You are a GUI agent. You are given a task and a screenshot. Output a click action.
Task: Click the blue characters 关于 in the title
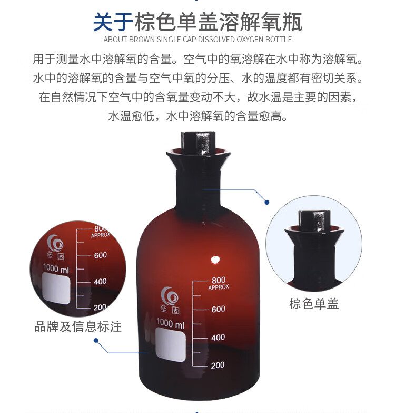point(113,22)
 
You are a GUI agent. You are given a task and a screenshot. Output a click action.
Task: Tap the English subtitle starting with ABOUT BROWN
point(197,40)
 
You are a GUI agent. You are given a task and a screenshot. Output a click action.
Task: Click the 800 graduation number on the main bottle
point(219,280)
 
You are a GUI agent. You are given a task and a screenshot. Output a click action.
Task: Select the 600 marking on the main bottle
point(218,309)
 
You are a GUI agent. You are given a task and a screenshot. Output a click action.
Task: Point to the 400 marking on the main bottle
point(218,337)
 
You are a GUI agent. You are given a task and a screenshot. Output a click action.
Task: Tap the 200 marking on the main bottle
point(218,365)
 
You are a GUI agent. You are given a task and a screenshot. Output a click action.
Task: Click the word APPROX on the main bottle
point(219,287)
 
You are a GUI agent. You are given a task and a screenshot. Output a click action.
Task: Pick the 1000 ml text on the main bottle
point(171,323)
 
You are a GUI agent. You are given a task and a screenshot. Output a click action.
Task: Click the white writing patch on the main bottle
point(171,345)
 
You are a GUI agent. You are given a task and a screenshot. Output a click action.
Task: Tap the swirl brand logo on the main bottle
point(170,295)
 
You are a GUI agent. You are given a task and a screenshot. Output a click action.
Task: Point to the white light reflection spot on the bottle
point(215,260)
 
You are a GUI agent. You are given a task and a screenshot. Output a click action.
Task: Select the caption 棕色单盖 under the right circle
point(314,304)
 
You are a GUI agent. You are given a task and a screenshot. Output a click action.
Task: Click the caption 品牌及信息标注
point(78,326)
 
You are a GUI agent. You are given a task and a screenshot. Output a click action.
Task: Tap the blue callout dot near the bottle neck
point(267,203)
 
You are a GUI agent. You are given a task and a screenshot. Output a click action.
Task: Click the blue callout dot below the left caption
point(96,341)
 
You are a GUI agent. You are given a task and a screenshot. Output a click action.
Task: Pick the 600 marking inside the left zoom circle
point(101,255)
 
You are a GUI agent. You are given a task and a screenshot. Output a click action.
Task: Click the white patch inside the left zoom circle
point(56,288)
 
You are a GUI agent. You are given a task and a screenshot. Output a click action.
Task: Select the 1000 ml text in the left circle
point(56,268)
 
